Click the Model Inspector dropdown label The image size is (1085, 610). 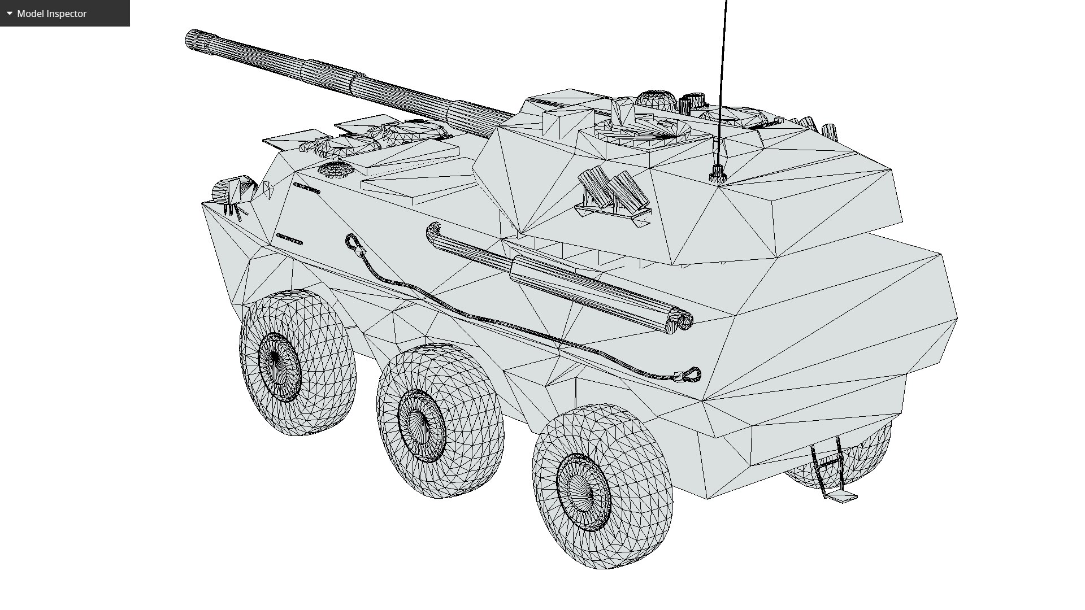coord(51,14)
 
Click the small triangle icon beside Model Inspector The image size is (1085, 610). coord(10,13)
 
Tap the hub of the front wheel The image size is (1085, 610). coord(277,360)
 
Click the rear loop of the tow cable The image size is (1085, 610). coord(692,374)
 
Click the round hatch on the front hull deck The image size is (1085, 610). coord(335,168)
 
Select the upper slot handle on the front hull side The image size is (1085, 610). coord(307,189)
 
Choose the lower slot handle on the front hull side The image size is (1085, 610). coord(289,239)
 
